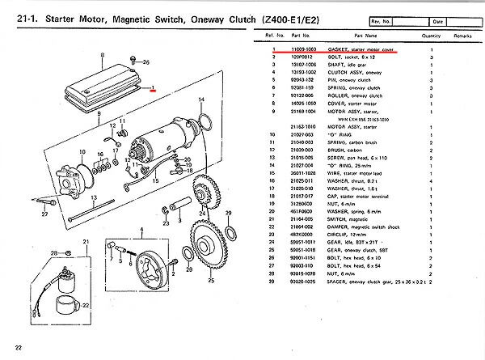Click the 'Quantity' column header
coord(430,36)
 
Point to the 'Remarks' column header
coord(462,36)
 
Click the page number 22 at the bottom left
coord(18,348)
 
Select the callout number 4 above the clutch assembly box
coord(142,231)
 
